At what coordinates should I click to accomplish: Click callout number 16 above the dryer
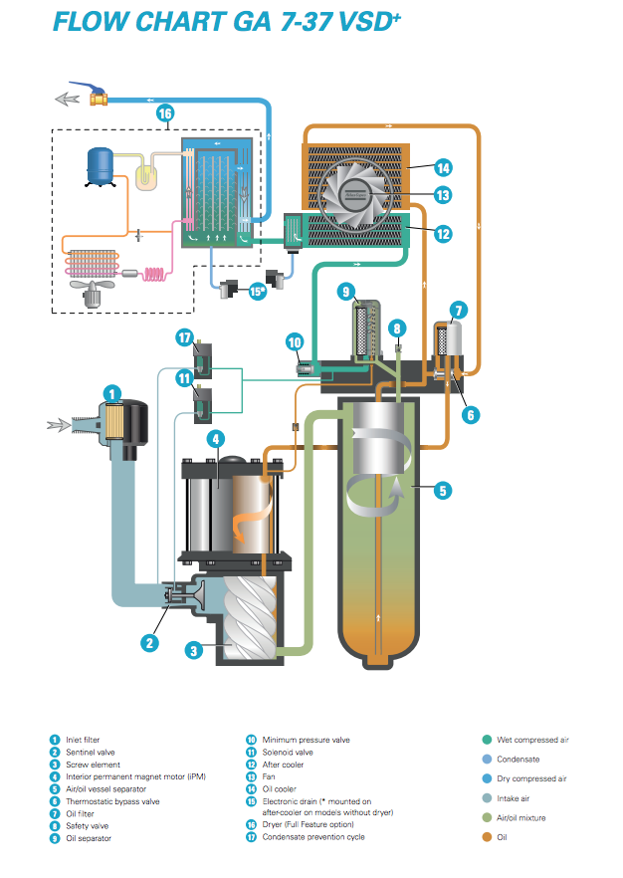(164, 113)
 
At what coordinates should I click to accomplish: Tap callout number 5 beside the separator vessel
(443, 491)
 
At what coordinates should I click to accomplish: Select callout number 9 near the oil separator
(346, 291)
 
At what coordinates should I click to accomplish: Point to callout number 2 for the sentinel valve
(149, 642)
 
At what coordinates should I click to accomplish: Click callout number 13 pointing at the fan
(443, 195)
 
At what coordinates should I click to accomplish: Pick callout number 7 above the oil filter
(459, 311)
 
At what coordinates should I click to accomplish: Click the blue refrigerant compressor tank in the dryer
(101, 166)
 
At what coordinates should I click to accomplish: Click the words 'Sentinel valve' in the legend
(91, 752)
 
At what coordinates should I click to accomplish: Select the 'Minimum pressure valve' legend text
(307, 740)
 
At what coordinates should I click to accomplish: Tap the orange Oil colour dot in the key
(487, 837)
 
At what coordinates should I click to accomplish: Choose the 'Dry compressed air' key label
(531, 778)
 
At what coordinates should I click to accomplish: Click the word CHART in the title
(178, 22)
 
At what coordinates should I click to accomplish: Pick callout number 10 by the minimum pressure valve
(295, 341)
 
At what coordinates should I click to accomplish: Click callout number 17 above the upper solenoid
(185, 337)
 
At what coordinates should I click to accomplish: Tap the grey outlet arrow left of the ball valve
(67, 100)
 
